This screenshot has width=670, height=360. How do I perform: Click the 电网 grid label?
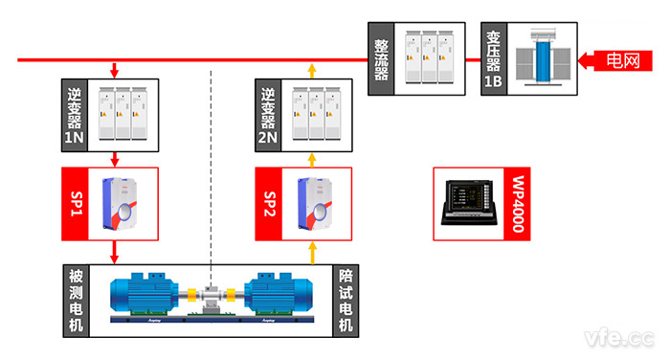click(x=626, y=60)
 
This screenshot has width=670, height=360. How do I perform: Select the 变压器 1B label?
click(x=494, y=60)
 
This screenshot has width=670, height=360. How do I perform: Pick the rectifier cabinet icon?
click(x=427, y=59)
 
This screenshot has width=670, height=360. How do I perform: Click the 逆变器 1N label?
click(x=74, y=113)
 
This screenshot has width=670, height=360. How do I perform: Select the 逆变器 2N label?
click(x=269, y=113)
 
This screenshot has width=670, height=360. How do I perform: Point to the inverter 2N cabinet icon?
click(x=318, y=112)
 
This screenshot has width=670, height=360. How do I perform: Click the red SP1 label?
click(x=74, y=203)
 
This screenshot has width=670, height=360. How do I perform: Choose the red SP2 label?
click(x=269, y=203)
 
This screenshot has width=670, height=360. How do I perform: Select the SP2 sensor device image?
click(x=318, y=203)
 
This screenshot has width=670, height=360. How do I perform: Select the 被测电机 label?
click(x=74, y=300)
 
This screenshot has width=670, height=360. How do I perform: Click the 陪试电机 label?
click(x=346, y=300)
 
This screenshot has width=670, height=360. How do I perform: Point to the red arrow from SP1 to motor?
click(x=115, y=251)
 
